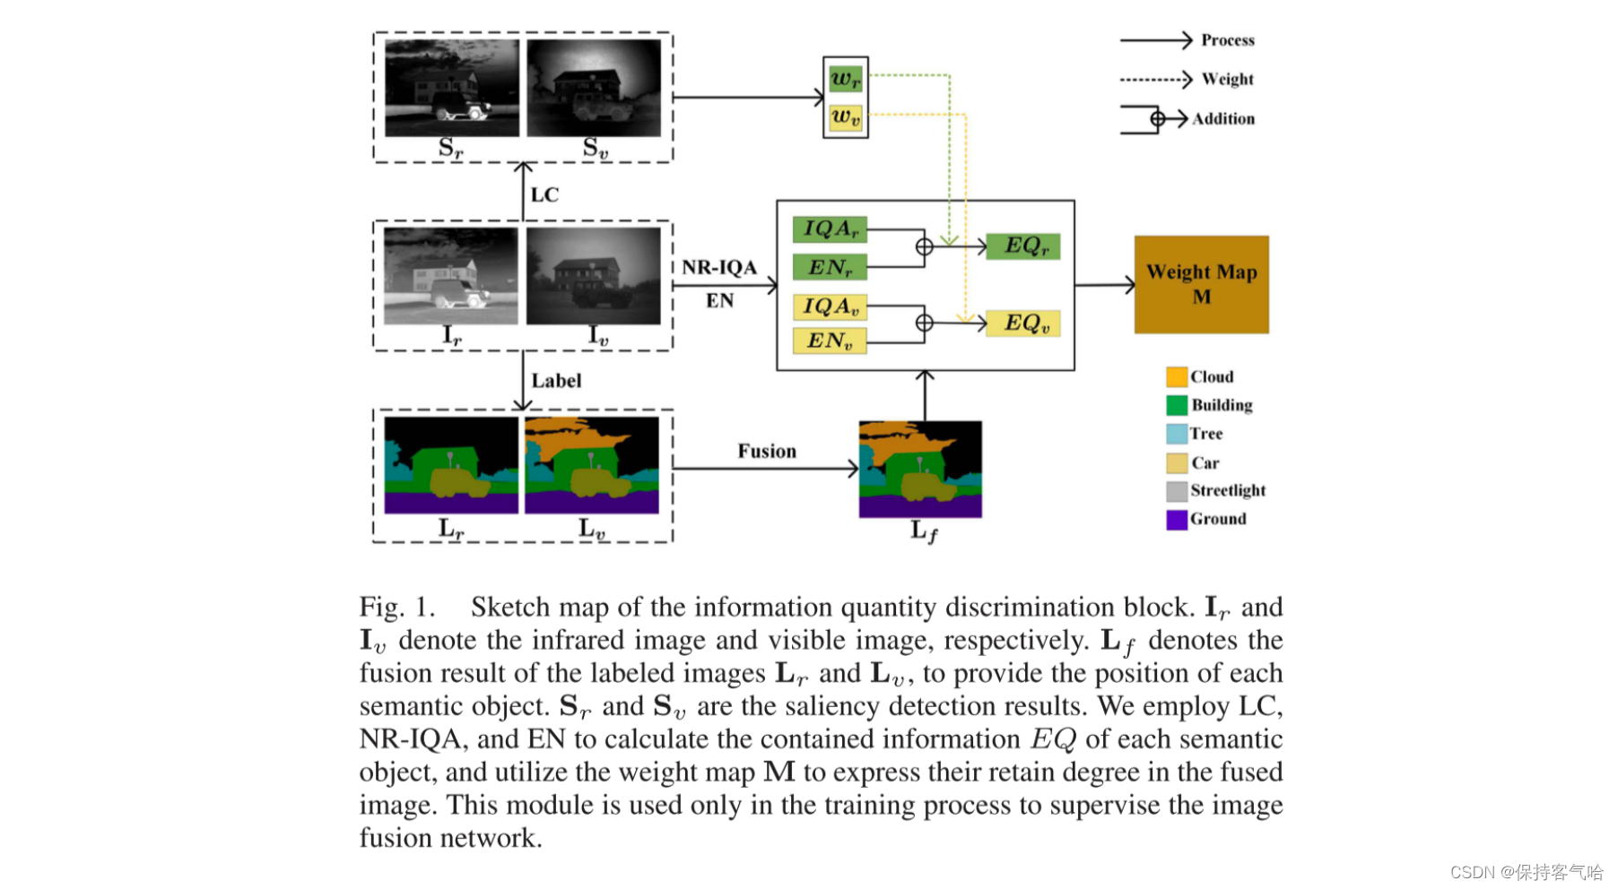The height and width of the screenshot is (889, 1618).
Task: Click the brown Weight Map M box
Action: pos(1200,285)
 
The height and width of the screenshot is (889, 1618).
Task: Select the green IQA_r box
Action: pos(830,229)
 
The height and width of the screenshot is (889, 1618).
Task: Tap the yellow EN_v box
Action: pos(830,341)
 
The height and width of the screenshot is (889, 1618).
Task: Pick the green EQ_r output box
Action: pos(1022,246)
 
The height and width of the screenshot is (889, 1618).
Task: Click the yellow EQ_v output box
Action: pos(1022,324)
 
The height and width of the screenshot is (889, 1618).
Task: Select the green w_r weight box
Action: pos(845,79)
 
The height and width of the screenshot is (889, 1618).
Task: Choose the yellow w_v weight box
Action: pos(845,117)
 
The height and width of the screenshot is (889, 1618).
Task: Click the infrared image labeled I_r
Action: pos(450,275)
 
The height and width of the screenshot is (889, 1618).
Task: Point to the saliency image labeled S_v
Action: pos(593,88)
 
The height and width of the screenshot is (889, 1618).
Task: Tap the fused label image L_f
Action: pos(920,469)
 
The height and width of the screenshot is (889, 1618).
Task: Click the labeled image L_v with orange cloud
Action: pos(591,464)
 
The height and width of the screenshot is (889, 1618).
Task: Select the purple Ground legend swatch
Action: pos(1176,520)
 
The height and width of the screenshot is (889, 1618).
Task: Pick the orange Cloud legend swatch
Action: pos(1176,377)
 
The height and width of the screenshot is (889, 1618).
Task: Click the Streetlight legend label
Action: pos(1227,490)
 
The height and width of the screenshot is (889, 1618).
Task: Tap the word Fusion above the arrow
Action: pos(767,451)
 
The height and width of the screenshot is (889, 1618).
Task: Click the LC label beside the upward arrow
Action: pos(544,194)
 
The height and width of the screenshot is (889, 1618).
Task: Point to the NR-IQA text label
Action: pos(718,267)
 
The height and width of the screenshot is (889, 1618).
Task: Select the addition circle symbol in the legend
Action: pos(1157,118)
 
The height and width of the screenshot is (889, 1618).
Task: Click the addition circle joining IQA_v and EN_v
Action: pos(924,323)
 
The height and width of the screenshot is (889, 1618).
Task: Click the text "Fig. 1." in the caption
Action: pos(396,607)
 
